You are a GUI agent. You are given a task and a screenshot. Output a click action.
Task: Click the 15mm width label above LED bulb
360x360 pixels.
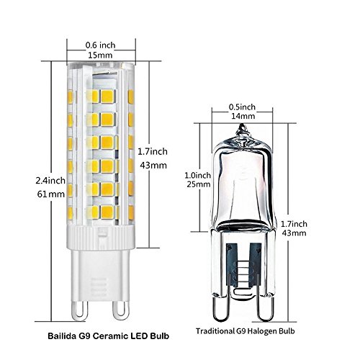100,55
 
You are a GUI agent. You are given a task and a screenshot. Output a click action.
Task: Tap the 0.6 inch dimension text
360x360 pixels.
100,45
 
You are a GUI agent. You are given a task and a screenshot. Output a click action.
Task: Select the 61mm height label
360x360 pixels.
51,194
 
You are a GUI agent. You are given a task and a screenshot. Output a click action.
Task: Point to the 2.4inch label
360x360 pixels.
50,181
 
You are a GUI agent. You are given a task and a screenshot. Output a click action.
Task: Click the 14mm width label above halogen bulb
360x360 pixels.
243,116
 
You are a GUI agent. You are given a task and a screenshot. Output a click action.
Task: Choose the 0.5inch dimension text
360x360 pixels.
242,107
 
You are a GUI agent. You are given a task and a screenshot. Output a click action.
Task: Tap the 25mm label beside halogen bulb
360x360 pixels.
199,184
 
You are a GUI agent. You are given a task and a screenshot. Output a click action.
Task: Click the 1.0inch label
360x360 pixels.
197,175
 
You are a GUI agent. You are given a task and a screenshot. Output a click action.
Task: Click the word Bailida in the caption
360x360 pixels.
62,336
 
